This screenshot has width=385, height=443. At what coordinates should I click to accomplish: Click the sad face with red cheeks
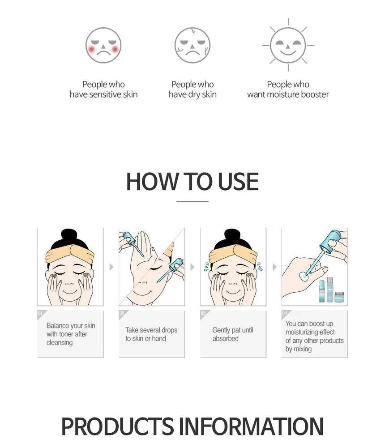click(x=103, y=45)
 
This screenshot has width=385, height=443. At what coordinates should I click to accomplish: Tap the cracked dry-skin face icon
click(x=192, y=45)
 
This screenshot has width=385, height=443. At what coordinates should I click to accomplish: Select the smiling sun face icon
click(x=288, y=45)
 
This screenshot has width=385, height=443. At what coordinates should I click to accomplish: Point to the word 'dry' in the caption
click(x=194, y=95)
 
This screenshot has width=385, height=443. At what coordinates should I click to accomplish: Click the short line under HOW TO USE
click(x=192, y=201)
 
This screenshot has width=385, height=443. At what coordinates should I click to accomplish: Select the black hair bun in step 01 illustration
click(x=69, y=236)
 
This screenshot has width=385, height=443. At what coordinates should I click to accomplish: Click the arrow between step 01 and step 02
click(x=111, y=267)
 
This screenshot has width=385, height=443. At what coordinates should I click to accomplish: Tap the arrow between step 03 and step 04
click(x=274, y=267)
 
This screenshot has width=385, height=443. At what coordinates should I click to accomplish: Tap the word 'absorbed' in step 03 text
click(x=225, y=338)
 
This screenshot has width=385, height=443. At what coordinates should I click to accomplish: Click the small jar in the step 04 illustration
click(x=339, y=297)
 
